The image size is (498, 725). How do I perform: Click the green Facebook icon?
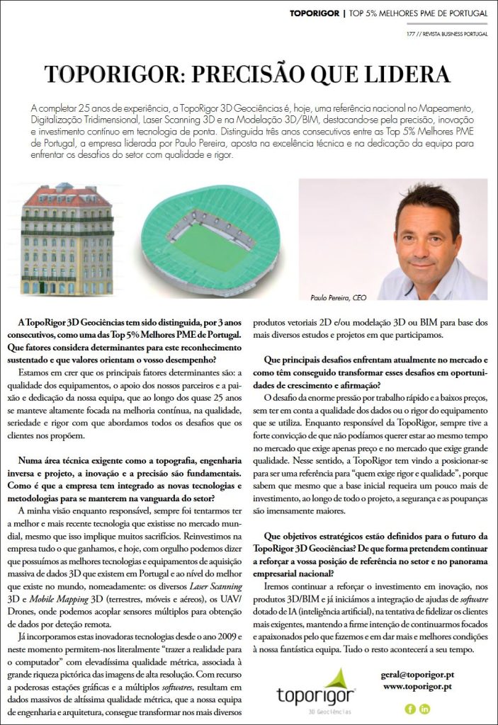[x=409, y=709]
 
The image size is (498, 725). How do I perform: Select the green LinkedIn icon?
[x=425, y=709]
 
